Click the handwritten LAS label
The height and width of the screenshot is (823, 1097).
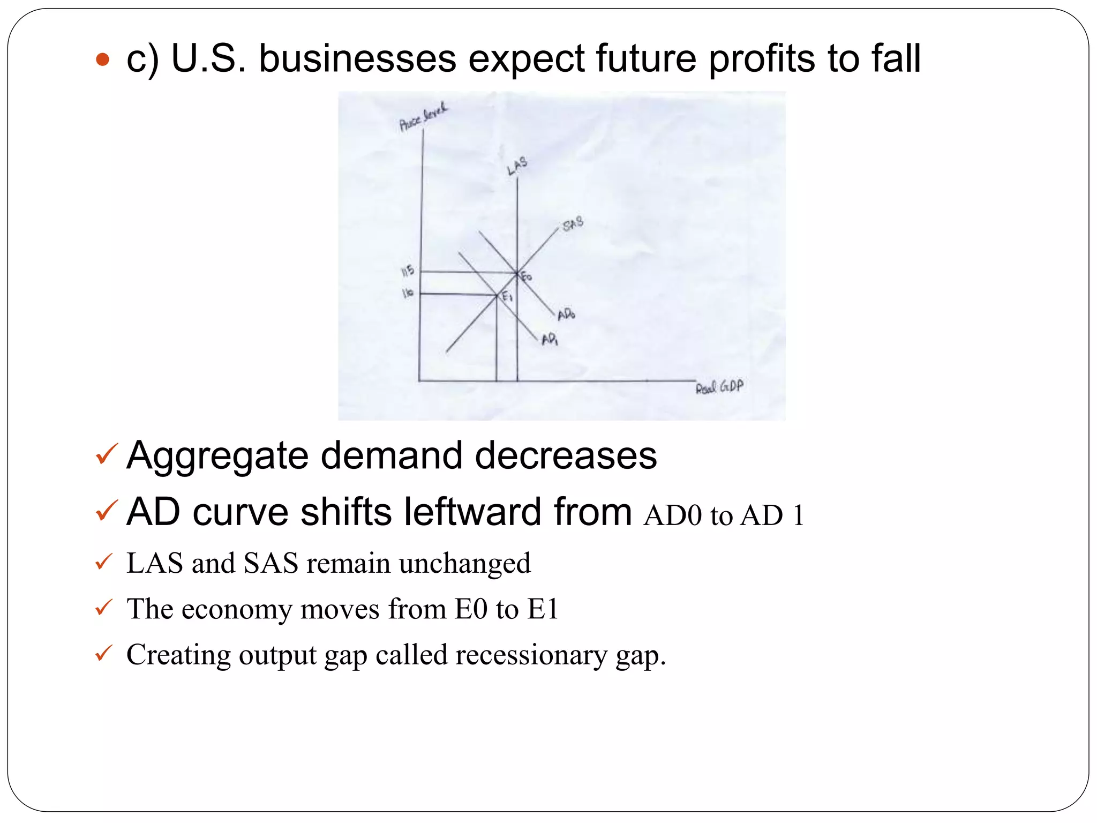(x=517, y=166)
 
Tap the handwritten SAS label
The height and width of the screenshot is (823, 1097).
(x=573, y=223)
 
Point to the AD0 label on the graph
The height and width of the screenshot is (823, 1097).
(x=566, y=314)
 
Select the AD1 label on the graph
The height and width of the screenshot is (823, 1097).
(x=550, y=340)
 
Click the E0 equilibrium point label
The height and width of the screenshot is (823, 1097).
(x=527, y=276)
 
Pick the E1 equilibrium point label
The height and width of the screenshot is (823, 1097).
(x=507, y=296)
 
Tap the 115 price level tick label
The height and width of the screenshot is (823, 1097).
(x=408, y=271)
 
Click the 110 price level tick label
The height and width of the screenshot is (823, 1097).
(x=408, y=293)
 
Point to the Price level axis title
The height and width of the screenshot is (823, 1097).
(x=423, y=118)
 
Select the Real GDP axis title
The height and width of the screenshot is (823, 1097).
(x=719, y=387)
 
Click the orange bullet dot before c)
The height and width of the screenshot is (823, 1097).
(x=102, y=59)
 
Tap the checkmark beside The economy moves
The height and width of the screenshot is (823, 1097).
(x=103, y=608)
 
